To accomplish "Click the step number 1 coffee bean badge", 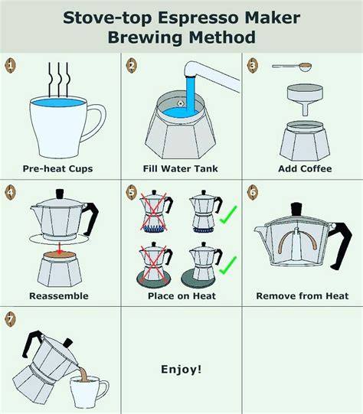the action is pos(10,65).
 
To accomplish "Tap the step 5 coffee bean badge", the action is pos(132,192).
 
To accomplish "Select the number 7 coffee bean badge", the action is pos(10,319).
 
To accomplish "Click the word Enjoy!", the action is pos(181,369).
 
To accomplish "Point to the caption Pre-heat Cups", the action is pos(57,168).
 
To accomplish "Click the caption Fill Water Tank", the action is pos(181,168).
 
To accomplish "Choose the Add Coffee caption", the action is pos(305,168).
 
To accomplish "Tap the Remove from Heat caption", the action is pos(302,295).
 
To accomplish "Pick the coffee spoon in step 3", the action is pos(293,67).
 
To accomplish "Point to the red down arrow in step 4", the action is pos(60,248).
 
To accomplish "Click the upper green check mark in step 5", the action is pos(228,216).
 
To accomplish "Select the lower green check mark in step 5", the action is pos(227,266).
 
